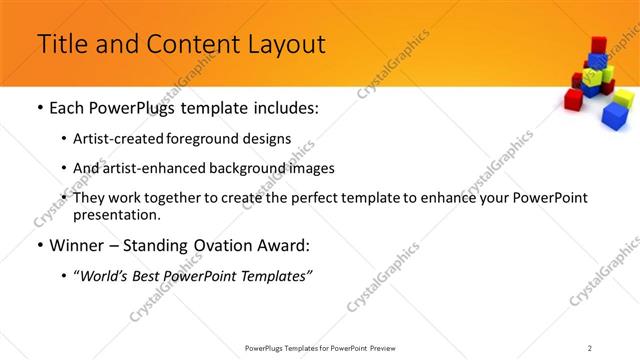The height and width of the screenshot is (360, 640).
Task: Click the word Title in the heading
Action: pos(61,44)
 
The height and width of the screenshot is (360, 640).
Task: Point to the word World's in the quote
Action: pos(107,276)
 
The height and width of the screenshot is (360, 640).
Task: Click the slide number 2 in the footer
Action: pos(590,347)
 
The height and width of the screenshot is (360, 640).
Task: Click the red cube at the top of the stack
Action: pos(598,45)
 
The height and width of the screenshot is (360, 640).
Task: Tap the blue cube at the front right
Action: pos(613,116)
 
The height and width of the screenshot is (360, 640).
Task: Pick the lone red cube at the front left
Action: pos(573,98)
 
